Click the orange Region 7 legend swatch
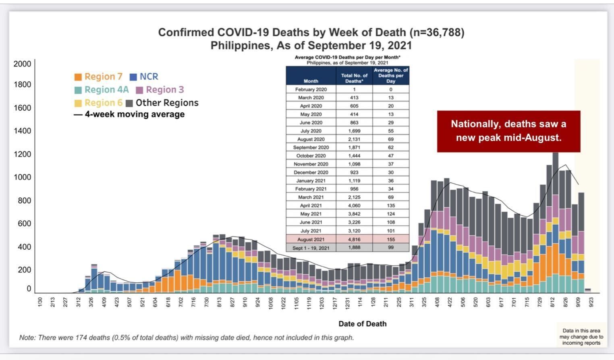tap(78, 77)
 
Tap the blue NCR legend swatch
tap(133, 77)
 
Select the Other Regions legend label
tap(167, 103)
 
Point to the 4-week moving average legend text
tap(135, 114)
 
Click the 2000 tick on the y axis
tap(22, 64)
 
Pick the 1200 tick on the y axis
tap(22, 154)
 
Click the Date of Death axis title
tap(362, 324)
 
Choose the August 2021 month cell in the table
tap(311, 239)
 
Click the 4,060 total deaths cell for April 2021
tap(354, 205)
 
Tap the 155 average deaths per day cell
tap(391, 239)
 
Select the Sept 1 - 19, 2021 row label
tap(311, 248)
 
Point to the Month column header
tap(311, 81)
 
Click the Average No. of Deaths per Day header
tap(391, 76)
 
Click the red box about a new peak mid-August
tap(508, 131)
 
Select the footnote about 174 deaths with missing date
tap(187, 337)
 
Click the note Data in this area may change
tap(581, 337)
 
